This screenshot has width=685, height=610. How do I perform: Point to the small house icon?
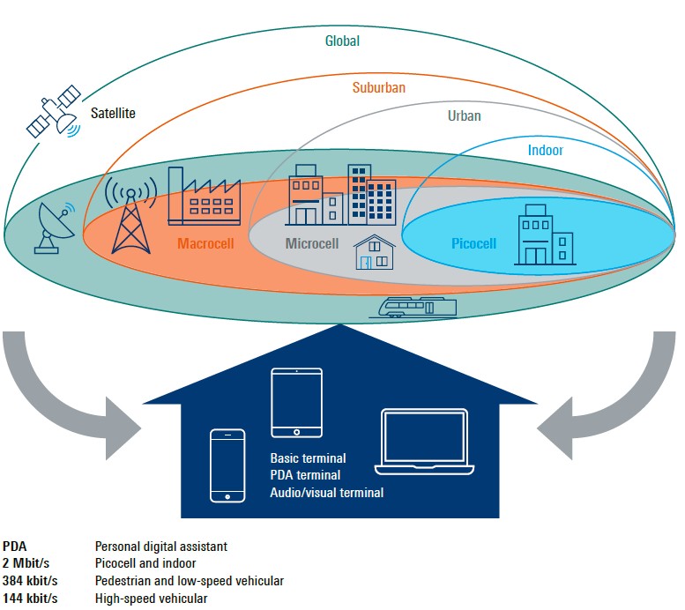[x=374, y=252]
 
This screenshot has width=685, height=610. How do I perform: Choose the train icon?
[x=415, y=306]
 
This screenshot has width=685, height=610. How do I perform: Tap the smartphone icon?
[x=227, y=465]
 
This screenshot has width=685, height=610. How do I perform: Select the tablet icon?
[x=297, y=402]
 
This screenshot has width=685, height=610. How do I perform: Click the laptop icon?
[x=423, y=450]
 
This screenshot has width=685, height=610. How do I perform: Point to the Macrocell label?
[x=205, y=242]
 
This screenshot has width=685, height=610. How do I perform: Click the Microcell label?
[x=312, y=243]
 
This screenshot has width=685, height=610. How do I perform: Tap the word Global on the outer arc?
[x=342, y=41]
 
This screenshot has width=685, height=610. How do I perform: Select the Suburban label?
[x=381, y=87]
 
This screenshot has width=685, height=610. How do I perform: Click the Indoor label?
[x=545, y=150]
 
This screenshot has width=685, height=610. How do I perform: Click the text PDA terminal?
[x=305, y=475]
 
